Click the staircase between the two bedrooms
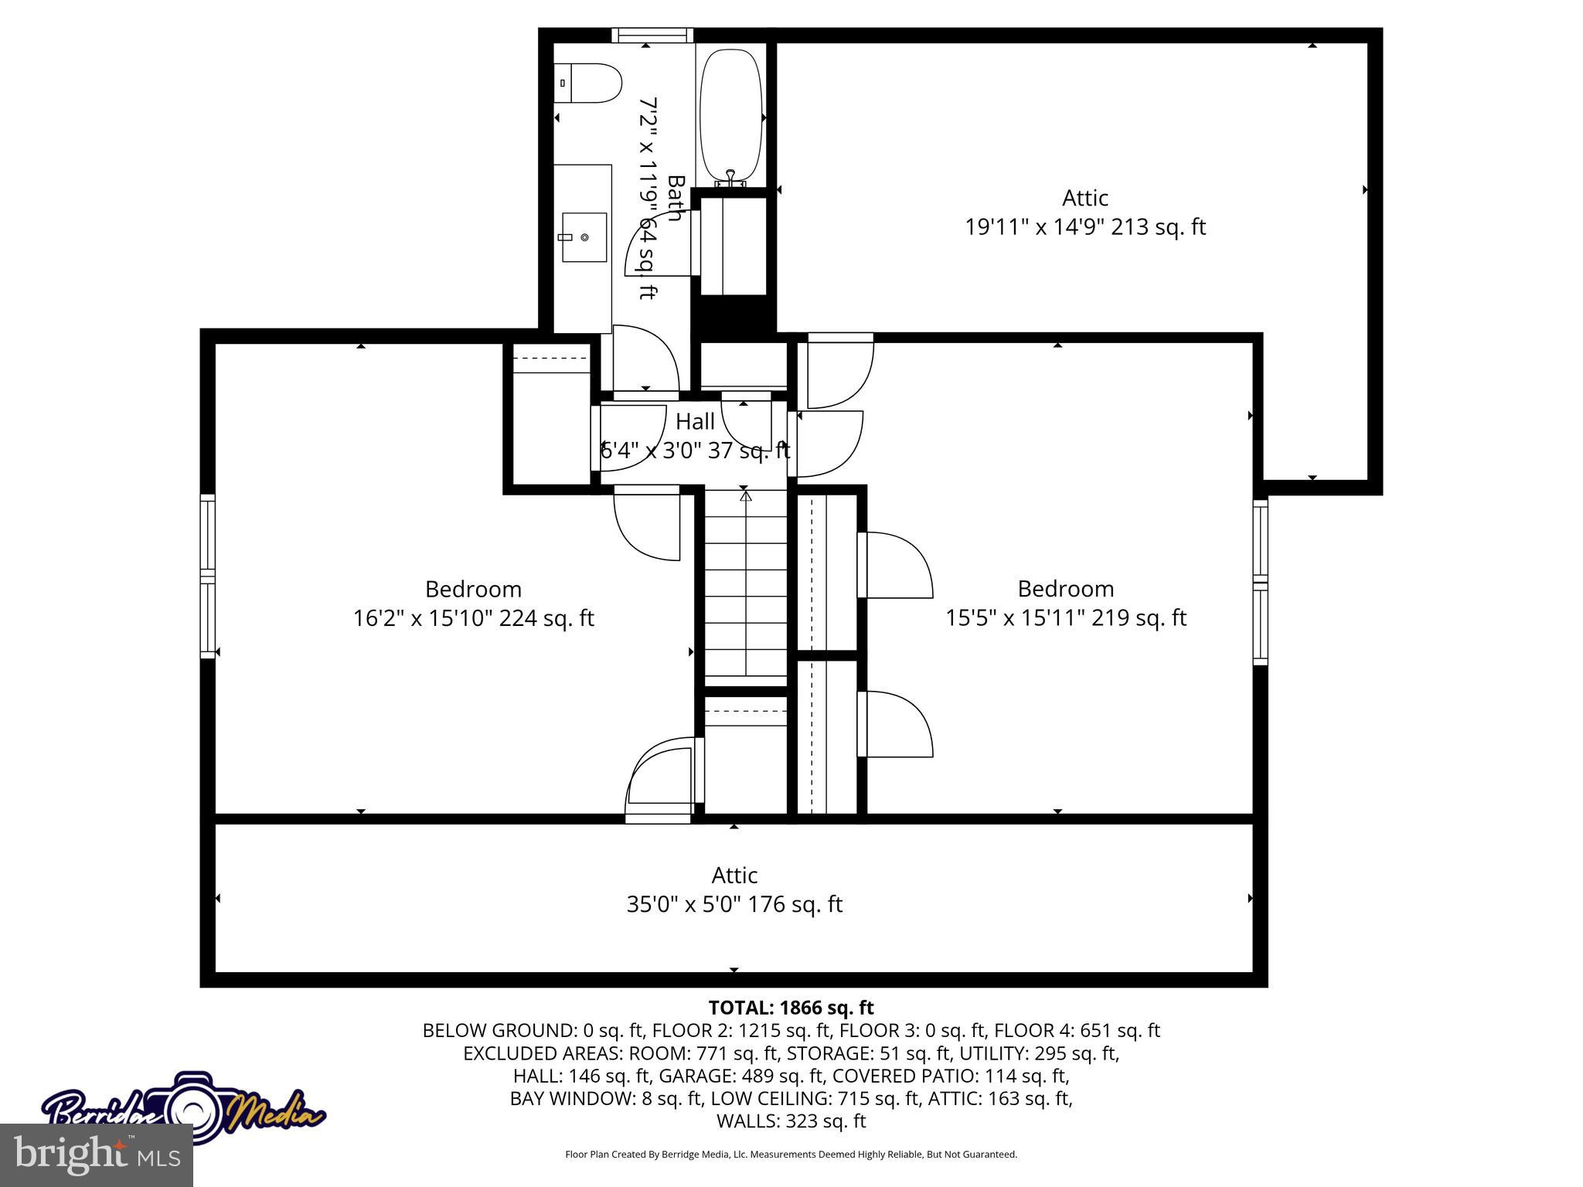pyautogui.click(x=745, y=587)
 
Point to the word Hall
pyautogui.click(x=695, y=422)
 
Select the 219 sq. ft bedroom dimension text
pyautogui.click(x=1065, y=617)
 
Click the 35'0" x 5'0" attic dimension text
pyautogui.click(x=734, y=904)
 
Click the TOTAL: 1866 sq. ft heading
pyautogui.click(x=791, y=1008)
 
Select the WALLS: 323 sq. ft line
pyautogui.click(x=791, y=1121)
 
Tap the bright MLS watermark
pyautogui.click(x=97, y=1155)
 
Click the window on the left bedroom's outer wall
pyautogui.click(x=207, y=576)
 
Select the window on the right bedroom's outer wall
pyautogui.click(x=1260, y=581)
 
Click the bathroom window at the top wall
pyautogui.click(x=652, y=35)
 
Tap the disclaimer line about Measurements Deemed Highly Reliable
pyautogui.click(x=791, y=1155)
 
